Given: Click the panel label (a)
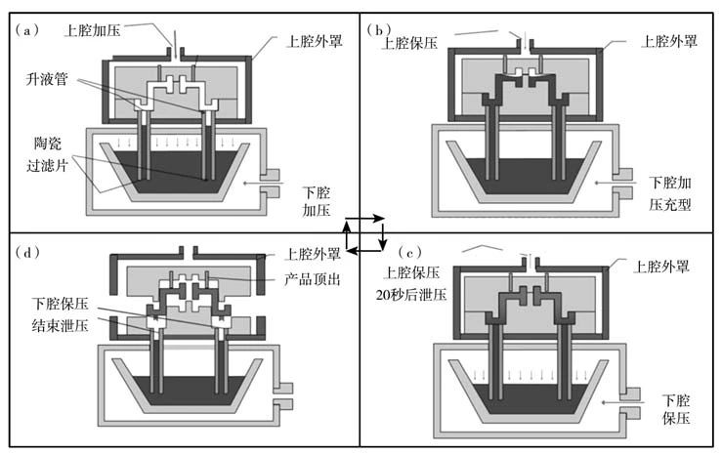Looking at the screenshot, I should tap(27, 29).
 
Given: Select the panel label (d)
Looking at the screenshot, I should tap(27, 253).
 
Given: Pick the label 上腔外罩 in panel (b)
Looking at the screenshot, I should tap(668, 42).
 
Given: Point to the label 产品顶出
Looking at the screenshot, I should tap(314, 280).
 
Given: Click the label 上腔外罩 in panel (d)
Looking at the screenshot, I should tap(313, 255).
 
